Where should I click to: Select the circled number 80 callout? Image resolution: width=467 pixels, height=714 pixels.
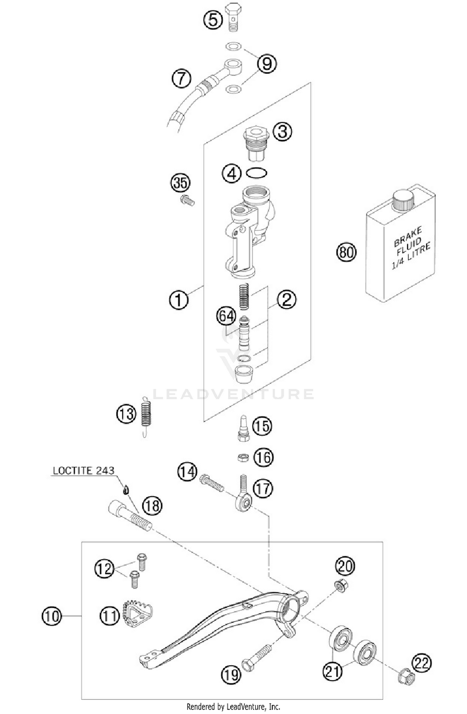pos(346,252)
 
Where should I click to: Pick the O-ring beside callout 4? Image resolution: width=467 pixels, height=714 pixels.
pos(257,173)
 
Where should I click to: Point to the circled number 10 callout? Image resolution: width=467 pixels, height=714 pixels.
pos(52,616)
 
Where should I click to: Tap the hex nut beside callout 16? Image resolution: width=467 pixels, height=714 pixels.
pos(243,457)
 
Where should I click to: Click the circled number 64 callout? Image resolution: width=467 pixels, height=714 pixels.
pos(226,316)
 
